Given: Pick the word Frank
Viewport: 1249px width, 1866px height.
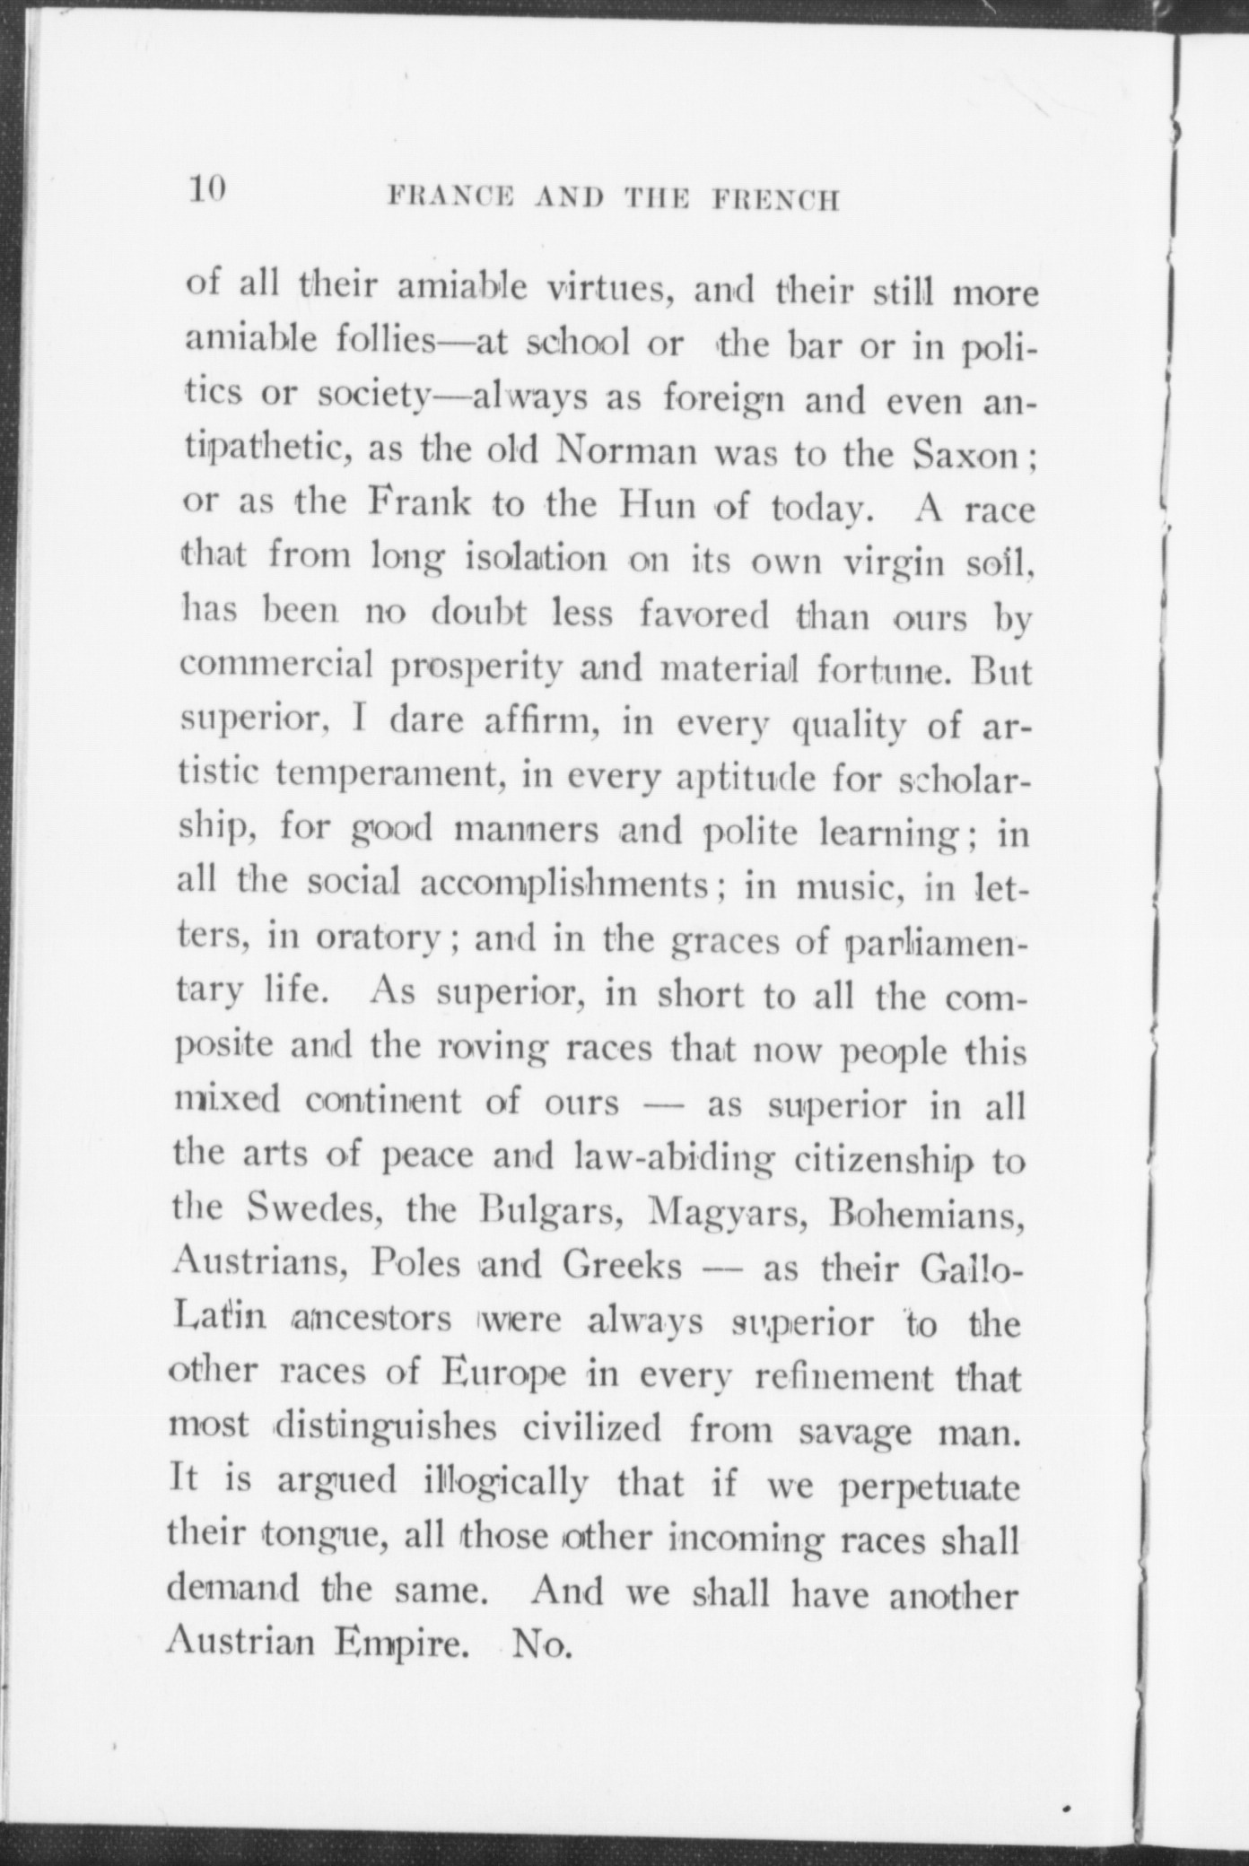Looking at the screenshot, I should click(x=419, y=504).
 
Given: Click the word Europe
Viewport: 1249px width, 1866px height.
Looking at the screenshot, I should click(x=503, y=1374).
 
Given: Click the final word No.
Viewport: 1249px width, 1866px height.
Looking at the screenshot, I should click(x=540, y=1646).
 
